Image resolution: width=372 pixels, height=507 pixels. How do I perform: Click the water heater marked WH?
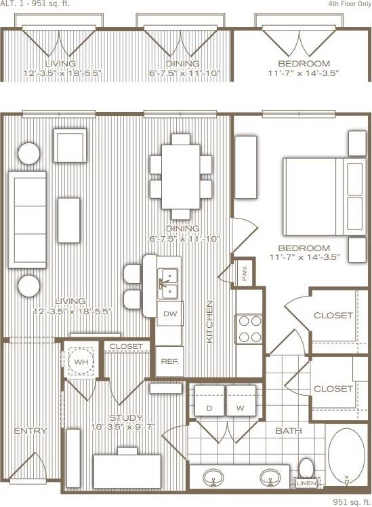(x=81, y=362)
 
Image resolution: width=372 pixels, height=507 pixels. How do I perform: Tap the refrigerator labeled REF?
(x=169, y=361)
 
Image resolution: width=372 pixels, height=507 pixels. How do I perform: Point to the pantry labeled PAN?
(x=244, y=274)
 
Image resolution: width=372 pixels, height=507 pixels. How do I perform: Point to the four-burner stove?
(x=249, y=328)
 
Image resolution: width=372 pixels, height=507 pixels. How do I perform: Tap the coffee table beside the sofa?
(x=69, y=219)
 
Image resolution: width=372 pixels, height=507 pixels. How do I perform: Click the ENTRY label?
(x=30, y=431)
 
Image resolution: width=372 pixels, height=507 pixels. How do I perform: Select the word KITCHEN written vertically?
(x=210, y=321)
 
